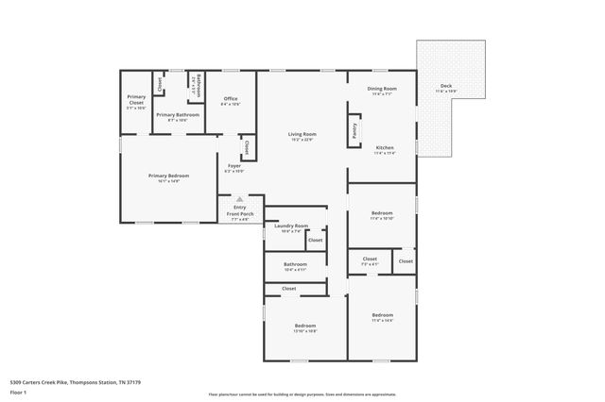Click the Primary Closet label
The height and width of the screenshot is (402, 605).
[x=137, y=99]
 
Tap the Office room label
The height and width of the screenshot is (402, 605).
[x=231, y=99]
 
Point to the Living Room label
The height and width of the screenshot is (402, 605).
[x=302, y=135]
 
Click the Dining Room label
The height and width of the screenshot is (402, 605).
[x=382, y=89]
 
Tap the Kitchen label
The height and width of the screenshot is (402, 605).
[x=385, y=148]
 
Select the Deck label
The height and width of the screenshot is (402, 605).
[x=445, y=87]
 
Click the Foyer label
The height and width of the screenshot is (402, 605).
[x=233, y=168]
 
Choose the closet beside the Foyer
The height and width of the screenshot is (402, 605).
[x=247, y=147]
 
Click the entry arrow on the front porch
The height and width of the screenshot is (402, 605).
[x=240, y=199]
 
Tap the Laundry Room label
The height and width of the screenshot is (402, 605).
[x=291, y=226]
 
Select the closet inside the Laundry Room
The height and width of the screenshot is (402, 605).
[x=316, y=240]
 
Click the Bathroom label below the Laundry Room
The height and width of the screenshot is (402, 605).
[x=295, y=265]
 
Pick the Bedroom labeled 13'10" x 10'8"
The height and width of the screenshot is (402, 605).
[x=304, y=327]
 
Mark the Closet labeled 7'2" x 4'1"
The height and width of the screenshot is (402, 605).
[x=370, y=260]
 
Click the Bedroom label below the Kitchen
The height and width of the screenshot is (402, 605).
[x=382, y=214]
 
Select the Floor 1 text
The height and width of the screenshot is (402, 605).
[x=19, y=394]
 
